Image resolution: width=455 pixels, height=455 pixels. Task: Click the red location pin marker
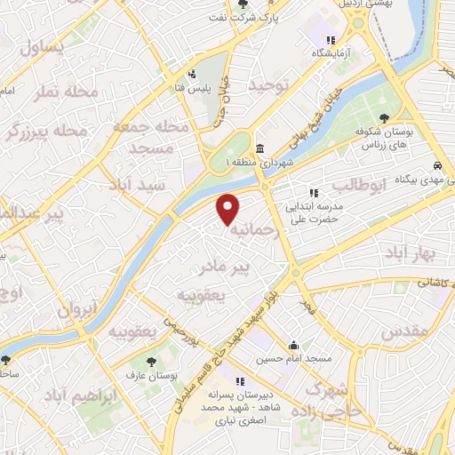point(229,208)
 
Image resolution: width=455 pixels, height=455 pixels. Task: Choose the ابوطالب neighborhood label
point(361,186)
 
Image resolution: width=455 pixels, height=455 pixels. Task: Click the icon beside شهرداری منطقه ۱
point(259,148)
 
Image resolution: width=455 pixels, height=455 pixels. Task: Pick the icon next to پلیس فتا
point(191,75)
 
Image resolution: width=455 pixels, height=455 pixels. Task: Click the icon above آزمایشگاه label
point(331,40)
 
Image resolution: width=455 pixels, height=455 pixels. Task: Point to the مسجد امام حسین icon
point(293,346)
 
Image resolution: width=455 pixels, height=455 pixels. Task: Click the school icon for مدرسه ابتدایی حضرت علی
point(313,193)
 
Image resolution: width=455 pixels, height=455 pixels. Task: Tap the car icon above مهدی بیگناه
point(437,166)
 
